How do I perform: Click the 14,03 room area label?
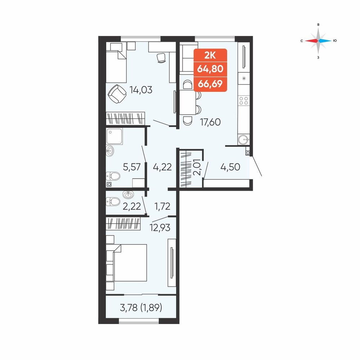141,90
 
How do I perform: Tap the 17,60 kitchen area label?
210,122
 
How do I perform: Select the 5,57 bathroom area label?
131,167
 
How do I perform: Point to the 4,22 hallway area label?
162,167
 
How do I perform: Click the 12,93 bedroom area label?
160,228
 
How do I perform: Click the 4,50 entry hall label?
230,167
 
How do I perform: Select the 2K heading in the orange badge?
210,55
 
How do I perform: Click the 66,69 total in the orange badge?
210,84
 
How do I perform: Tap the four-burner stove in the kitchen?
244,100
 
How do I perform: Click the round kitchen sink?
243,139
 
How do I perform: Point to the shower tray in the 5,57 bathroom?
114,136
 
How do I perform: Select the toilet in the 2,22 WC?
113,202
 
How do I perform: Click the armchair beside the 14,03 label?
117,94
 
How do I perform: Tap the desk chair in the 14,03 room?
161,58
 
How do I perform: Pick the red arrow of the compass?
311,41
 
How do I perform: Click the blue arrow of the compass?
325,41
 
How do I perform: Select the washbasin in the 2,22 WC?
128,195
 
